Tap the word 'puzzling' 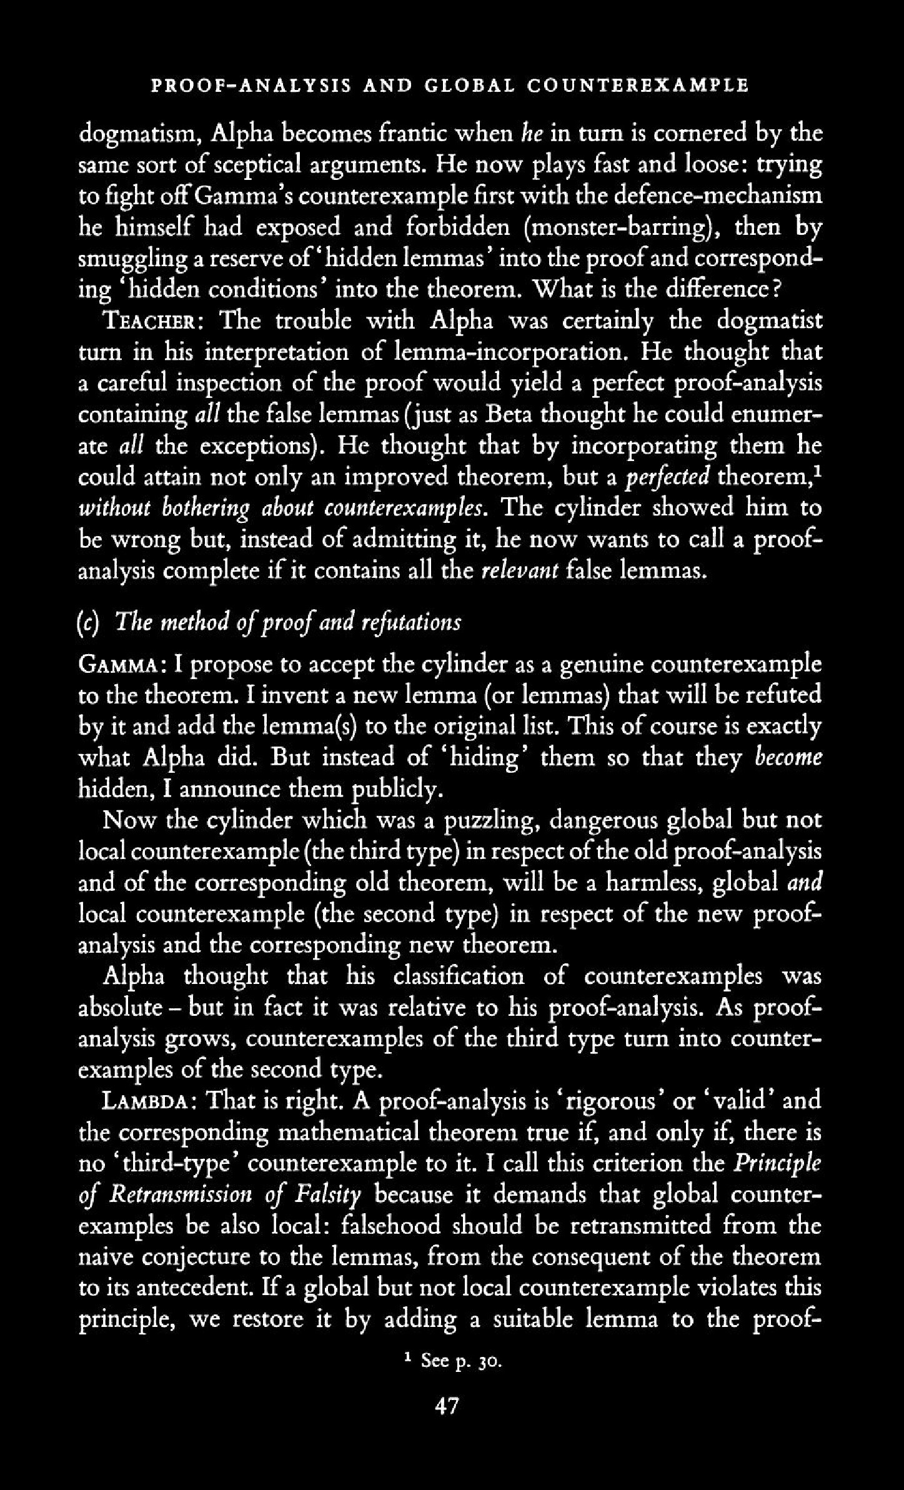[x=487, y=820]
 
